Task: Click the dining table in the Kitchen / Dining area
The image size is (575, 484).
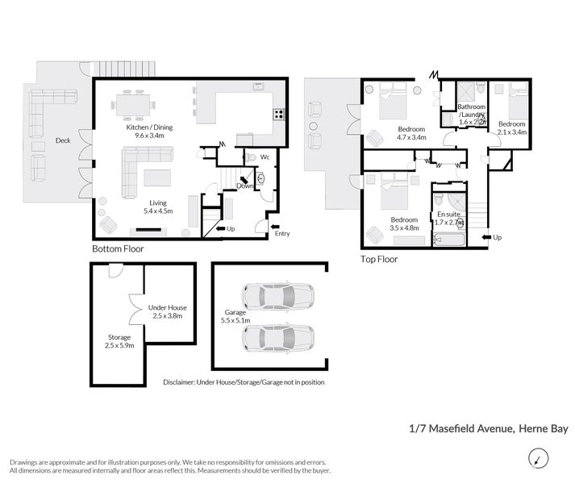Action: (x=133, y=103)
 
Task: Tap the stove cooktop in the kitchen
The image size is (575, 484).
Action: (x=278, y=114)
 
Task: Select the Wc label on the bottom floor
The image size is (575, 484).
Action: (x=265, y=156)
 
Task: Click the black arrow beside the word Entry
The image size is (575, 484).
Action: (x=275, y=226)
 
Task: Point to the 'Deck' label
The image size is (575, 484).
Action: (x=62, y=140)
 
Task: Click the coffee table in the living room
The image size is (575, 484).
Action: (x=156, y=177)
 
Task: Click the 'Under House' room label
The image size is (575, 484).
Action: (x=167, y=307)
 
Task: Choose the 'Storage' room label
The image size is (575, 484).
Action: (x=119, y=337)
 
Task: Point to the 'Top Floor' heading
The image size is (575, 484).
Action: (x=378, y=260)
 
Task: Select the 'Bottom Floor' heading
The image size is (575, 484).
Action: (x=118, y=249)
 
